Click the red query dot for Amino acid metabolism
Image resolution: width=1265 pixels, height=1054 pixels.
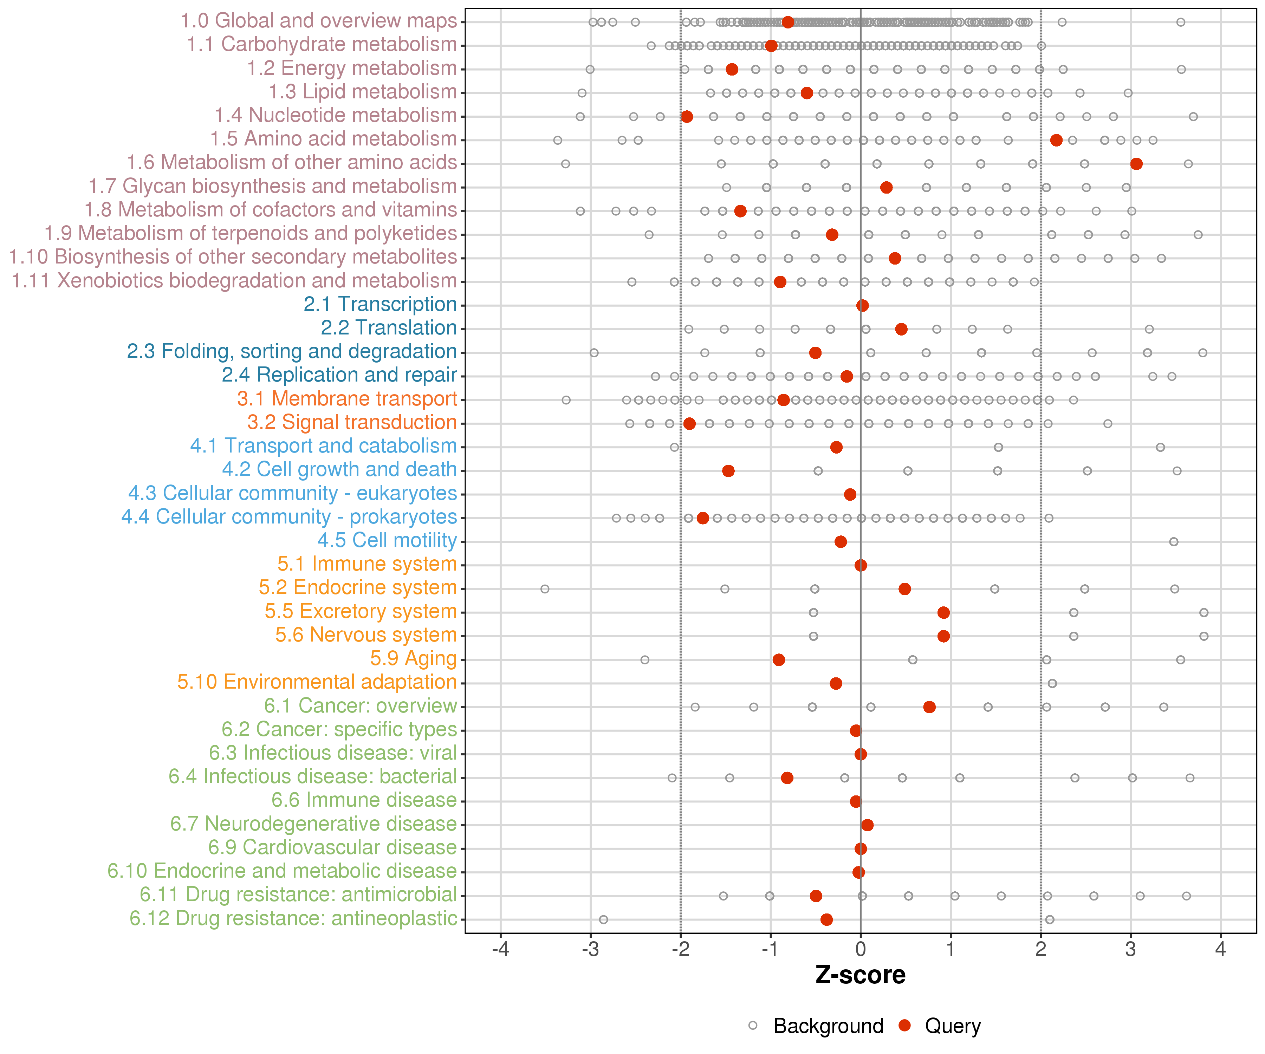pyautogui.click(x=1056, y=140)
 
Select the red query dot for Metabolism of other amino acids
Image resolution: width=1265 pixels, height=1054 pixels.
pyautogui.click(x=1136, y=164)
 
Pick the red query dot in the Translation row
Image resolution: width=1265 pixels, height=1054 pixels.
pyautogui.click(x=901, y=329)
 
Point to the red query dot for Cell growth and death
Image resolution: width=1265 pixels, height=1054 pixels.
pyautogui.click(x=728, y=470)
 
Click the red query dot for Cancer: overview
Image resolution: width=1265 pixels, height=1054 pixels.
pyautogui.click(x=929, y=707)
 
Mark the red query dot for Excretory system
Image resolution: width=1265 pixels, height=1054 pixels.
pyautogui.click(x=944, y=612)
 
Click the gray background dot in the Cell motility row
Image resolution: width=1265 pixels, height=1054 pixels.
pyautogui.click(x=1173, y=541)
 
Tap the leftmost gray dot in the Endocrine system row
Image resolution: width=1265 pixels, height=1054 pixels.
pyautogui.click(x=545, y=588)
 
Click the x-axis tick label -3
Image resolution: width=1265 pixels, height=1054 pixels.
pyautogui.click(x=590, y=950)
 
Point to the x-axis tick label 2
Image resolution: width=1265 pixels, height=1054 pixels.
pyautogui.click(x=1041, y=950)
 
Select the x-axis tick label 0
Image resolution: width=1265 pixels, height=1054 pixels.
pyautogui.click(x=861, y=950)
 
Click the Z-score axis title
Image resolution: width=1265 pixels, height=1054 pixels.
pyautogui.click(x=861, y=975)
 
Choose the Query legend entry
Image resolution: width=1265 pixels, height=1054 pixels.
pyautogui.click(x=940, y=1026)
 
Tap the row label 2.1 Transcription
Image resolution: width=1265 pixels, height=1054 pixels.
pyautogui.click(x=380, y=304)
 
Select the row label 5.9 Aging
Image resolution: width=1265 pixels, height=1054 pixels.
pyautogui.click(x=413, y=659)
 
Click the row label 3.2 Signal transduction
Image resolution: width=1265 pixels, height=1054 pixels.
pyautogui.click(x=352, y=422)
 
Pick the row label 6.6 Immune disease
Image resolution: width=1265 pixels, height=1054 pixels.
pyautogui.click(x=364, y=800)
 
